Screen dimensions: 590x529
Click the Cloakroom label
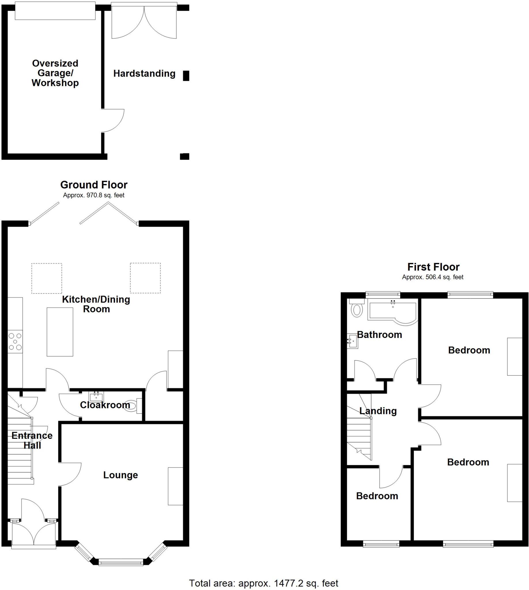click(x=105, y=405)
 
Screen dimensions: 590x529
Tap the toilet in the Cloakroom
click(x=132, y=406)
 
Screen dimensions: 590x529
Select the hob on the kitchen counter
click(x=15, y=341)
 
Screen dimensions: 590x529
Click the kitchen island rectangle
click(x=60, y=332)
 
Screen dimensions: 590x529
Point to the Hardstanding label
click(x=144, y=73)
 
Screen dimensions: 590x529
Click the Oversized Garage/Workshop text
click(x=55, y=73)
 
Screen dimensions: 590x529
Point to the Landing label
click(x=378, y=411)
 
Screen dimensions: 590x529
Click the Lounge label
click(x=120, y=475)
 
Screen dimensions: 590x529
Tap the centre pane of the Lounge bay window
click(x=121, y=563)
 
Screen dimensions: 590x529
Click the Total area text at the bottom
click(x=264, y=583)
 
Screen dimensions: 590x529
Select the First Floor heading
click(x=433, y=267)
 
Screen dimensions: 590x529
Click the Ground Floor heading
click(x=94, y=185)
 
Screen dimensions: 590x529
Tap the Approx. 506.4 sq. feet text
click(x=432, y=277)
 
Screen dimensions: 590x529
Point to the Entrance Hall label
click(x=32, y=440)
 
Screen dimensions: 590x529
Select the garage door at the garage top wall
click(x=55, y=11)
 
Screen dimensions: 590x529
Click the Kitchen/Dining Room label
click(x=96, y=304)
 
